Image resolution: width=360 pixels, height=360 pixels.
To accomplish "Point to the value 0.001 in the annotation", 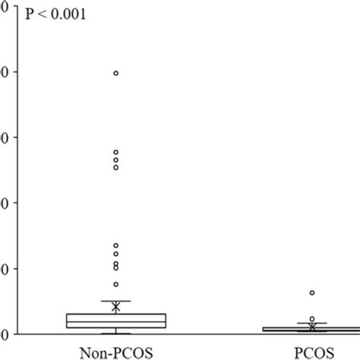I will pos(68,13).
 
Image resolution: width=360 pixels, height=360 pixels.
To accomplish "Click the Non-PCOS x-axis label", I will pos(115,351).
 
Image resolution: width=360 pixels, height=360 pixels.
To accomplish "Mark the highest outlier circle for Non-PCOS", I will pos(115,73).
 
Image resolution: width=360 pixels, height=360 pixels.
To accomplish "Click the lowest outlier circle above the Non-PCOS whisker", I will pos(115,284).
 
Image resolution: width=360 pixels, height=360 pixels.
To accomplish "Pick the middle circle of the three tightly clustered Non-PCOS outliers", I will pos(115,160).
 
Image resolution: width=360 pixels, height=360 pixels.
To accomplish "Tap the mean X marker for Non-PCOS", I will pos(115,307).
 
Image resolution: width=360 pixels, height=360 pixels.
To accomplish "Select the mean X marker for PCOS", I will pos(311,327).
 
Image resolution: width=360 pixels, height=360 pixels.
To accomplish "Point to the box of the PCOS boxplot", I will pos(311,330).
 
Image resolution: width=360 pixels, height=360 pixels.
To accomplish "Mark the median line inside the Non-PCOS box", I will pos(115,322).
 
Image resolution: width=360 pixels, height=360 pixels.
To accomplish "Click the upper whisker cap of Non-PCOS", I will pos(115,301).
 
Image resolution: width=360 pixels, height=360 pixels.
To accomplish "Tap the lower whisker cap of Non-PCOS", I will pos(115,333).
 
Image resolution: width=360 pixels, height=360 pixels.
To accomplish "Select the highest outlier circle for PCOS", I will pos(311,292).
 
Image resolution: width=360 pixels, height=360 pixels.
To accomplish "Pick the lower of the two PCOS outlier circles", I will pos(311,319).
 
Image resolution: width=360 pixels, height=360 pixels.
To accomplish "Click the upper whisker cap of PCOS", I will pos(311,324).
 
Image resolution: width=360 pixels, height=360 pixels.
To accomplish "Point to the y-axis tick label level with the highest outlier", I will pos(4,72).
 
